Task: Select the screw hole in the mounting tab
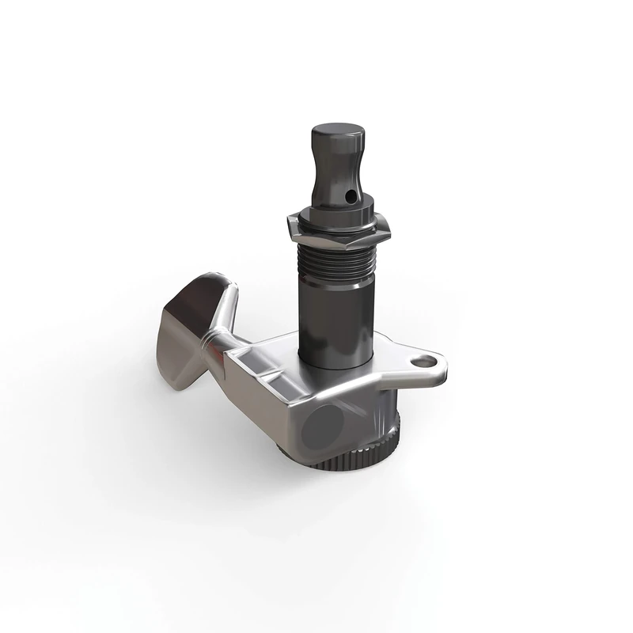(x=427, y=361)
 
